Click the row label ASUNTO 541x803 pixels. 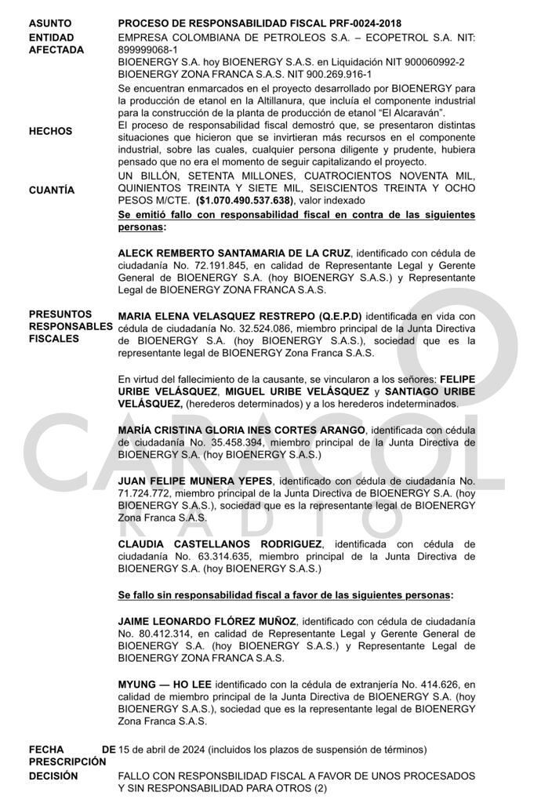[50, 24]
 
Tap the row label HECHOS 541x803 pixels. [50, 131]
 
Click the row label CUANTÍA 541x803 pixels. [52, 190]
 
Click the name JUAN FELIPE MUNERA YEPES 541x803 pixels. [195, 480]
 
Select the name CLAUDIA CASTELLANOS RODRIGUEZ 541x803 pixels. [220, 543]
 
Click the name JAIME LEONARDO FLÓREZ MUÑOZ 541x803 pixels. [207, 621]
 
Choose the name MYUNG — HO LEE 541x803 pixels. [165, 685]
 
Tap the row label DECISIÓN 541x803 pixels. [53, 776]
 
